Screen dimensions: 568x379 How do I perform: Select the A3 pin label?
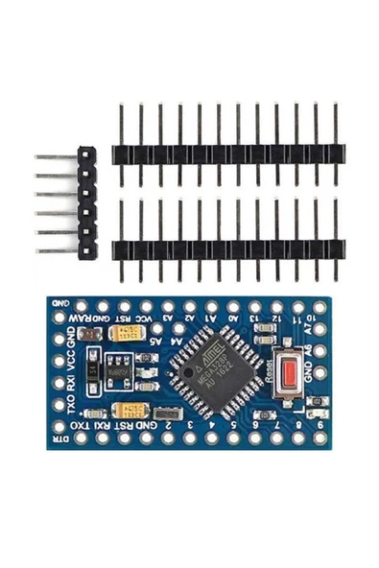pyautogui.click(x=168, y=318)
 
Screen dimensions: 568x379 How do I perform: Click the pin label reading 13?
pyautogui.click(x=255, y=318)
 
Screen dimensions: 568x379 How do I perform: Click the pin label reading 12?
pyautogui.click(x=277, y=318)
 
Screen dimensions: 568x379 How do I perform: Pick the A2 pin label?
pyautogui.click(x=190, y=318)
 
